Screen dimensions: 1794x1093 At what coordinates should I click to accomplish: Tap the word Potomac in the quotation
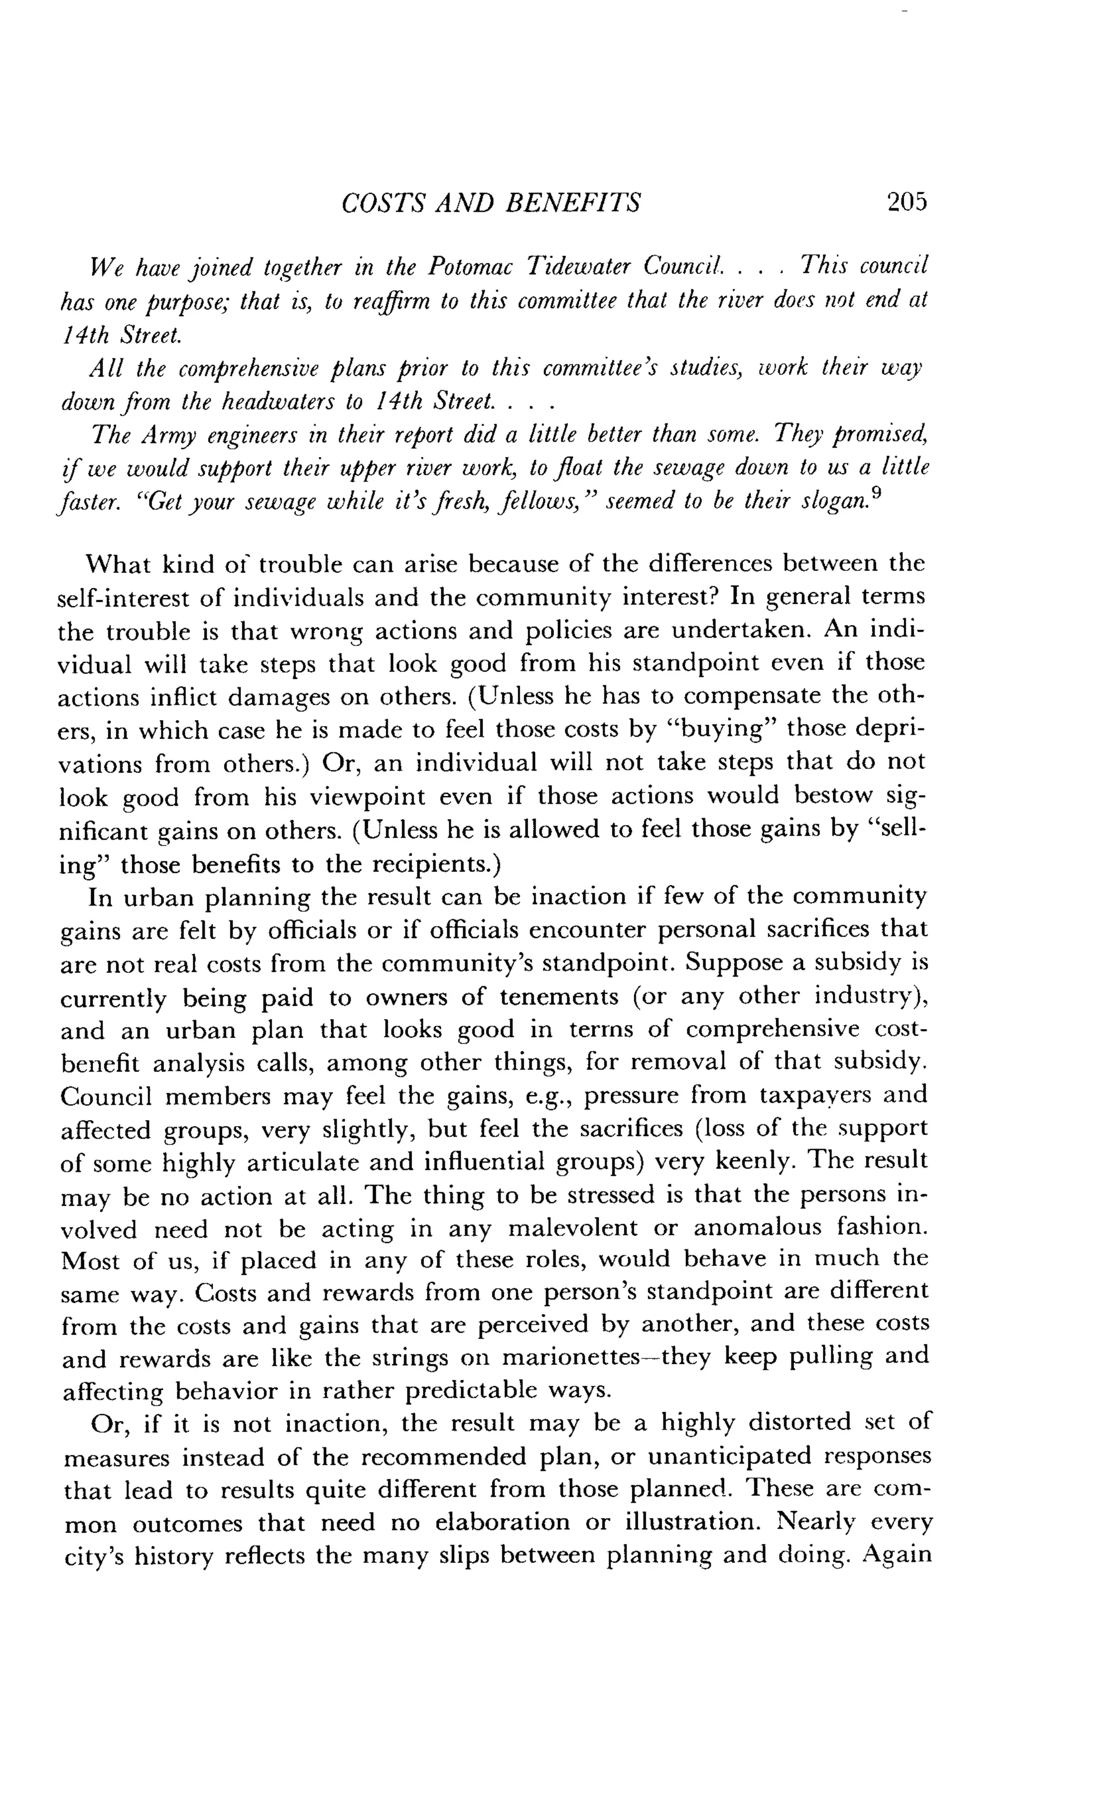(x=469, y=266)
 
